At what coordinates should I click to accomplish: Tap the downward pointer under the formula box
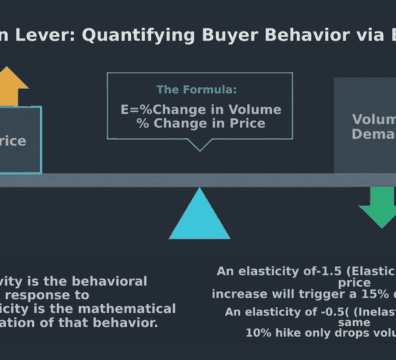[x=203, y=145]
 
